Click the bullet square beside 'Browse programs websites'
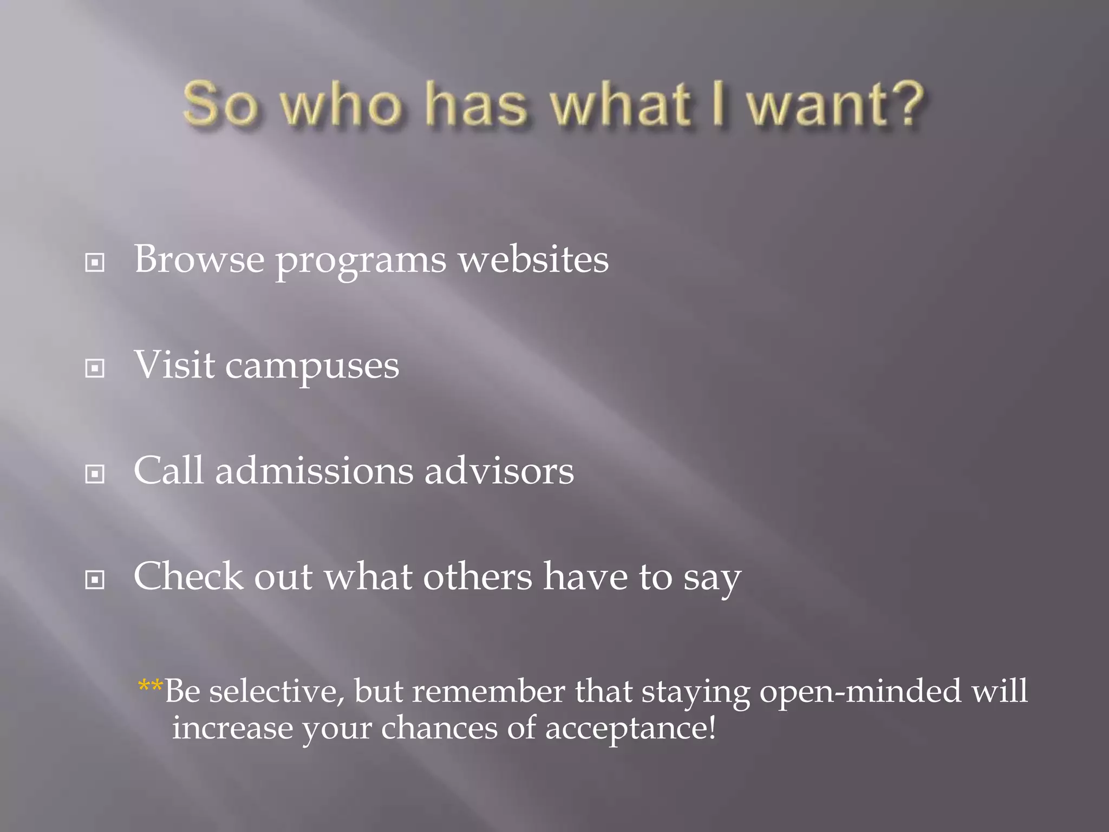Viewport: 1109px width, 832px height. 95,263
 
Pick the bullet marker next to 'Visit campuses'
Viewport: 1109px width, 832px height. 95,368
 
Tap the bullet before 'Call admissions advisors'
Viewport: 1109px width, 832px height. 95,474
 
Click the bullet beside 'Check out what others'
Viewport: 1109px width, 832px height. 95,580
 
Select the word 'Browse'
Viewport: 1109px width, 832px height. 199,259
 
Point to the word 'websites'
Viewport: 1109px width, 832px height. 533,259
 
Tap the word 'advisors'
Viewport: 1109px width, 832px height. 498,470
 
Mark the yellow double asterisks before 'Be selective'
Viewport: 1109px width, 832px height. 151,687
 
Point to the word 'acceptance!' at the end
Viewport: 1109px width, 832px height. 630,728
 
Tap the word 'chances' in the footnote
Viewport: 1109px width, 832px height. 439,728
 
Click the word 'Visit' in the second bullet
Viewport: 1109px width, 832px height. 174,364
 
